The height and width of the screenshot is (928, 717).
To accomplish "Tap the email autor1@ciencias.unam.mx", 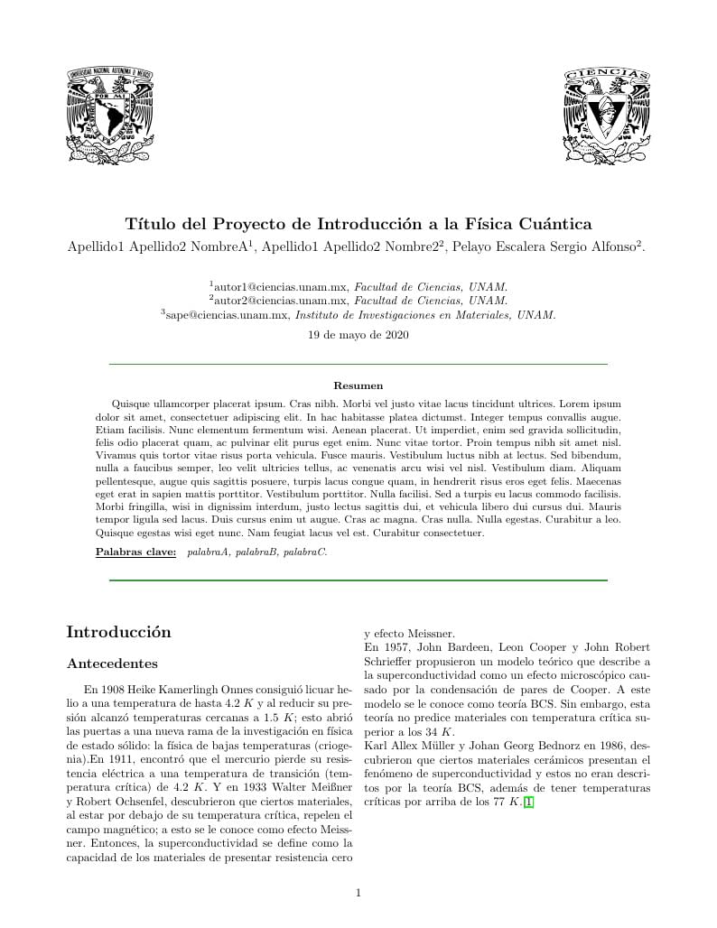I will pos(281,284).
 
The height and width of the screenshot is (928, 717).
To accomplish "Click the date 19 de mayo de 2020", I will pos(358,335).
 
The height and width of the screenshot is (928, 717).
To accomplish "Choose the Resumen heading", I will pos(358,385).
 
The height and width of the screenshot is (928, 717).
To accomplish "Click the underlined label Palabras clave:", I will pos(135,551).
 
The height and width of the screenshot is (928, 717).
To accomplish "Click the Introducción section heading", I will pos(118,632).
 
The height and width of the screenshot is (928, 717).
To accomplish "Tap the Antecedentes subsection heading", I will pos(113,664).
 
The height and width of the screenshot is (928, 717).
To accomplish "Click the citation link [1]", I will pos(529,803).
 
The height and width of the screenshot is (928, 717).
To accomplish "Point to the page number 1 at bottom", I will pos(358,893).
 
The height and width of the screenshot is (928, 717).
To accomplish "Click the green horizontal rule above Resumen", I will pos(358,364).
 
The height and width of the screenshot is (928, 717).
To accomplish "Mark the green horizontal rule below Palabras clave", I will pos(358,580).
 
